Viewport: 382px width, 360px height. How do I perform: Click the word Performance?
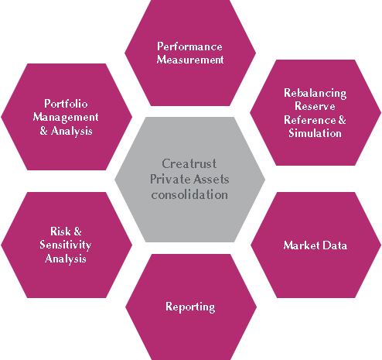point(189,46)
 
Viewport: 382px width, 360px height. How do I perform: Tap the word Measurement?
point(190,60)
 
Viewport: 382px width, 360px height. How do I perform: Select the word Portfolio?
point(66,104)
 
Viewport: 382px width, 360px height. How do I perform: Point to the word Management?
point(66,118)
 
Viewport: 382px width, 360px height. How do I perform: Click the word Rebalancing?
point(315,94)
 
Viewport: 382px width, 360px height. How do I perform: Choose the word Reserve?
point(315,106)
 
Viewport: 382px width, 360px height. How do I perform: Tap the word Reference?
point(310,120)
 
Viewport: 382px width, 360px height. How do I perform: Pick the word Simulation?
point(315,133)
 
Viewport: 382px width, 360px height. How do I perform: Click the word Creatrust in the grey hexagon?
point(189,163)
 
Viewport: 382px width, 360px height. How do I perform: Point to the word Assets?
point(211,179)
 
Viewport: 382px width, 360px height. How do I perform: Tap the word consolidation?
point(189,194)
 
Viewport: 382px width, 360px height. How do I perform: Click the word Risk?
point(60,231)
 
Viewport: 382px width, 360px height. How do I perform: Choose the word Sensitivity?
point(66,245)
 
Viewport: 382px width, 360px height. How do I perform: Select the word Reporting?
point(190,307)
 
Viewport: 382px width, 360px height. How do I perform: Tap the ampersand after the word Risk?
point(77,231)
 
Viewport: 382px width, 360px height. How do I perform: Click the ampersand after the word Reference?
point(342,120)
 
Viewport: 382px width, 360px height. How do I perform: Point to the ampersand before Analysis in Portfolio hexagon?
point(44,131)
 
